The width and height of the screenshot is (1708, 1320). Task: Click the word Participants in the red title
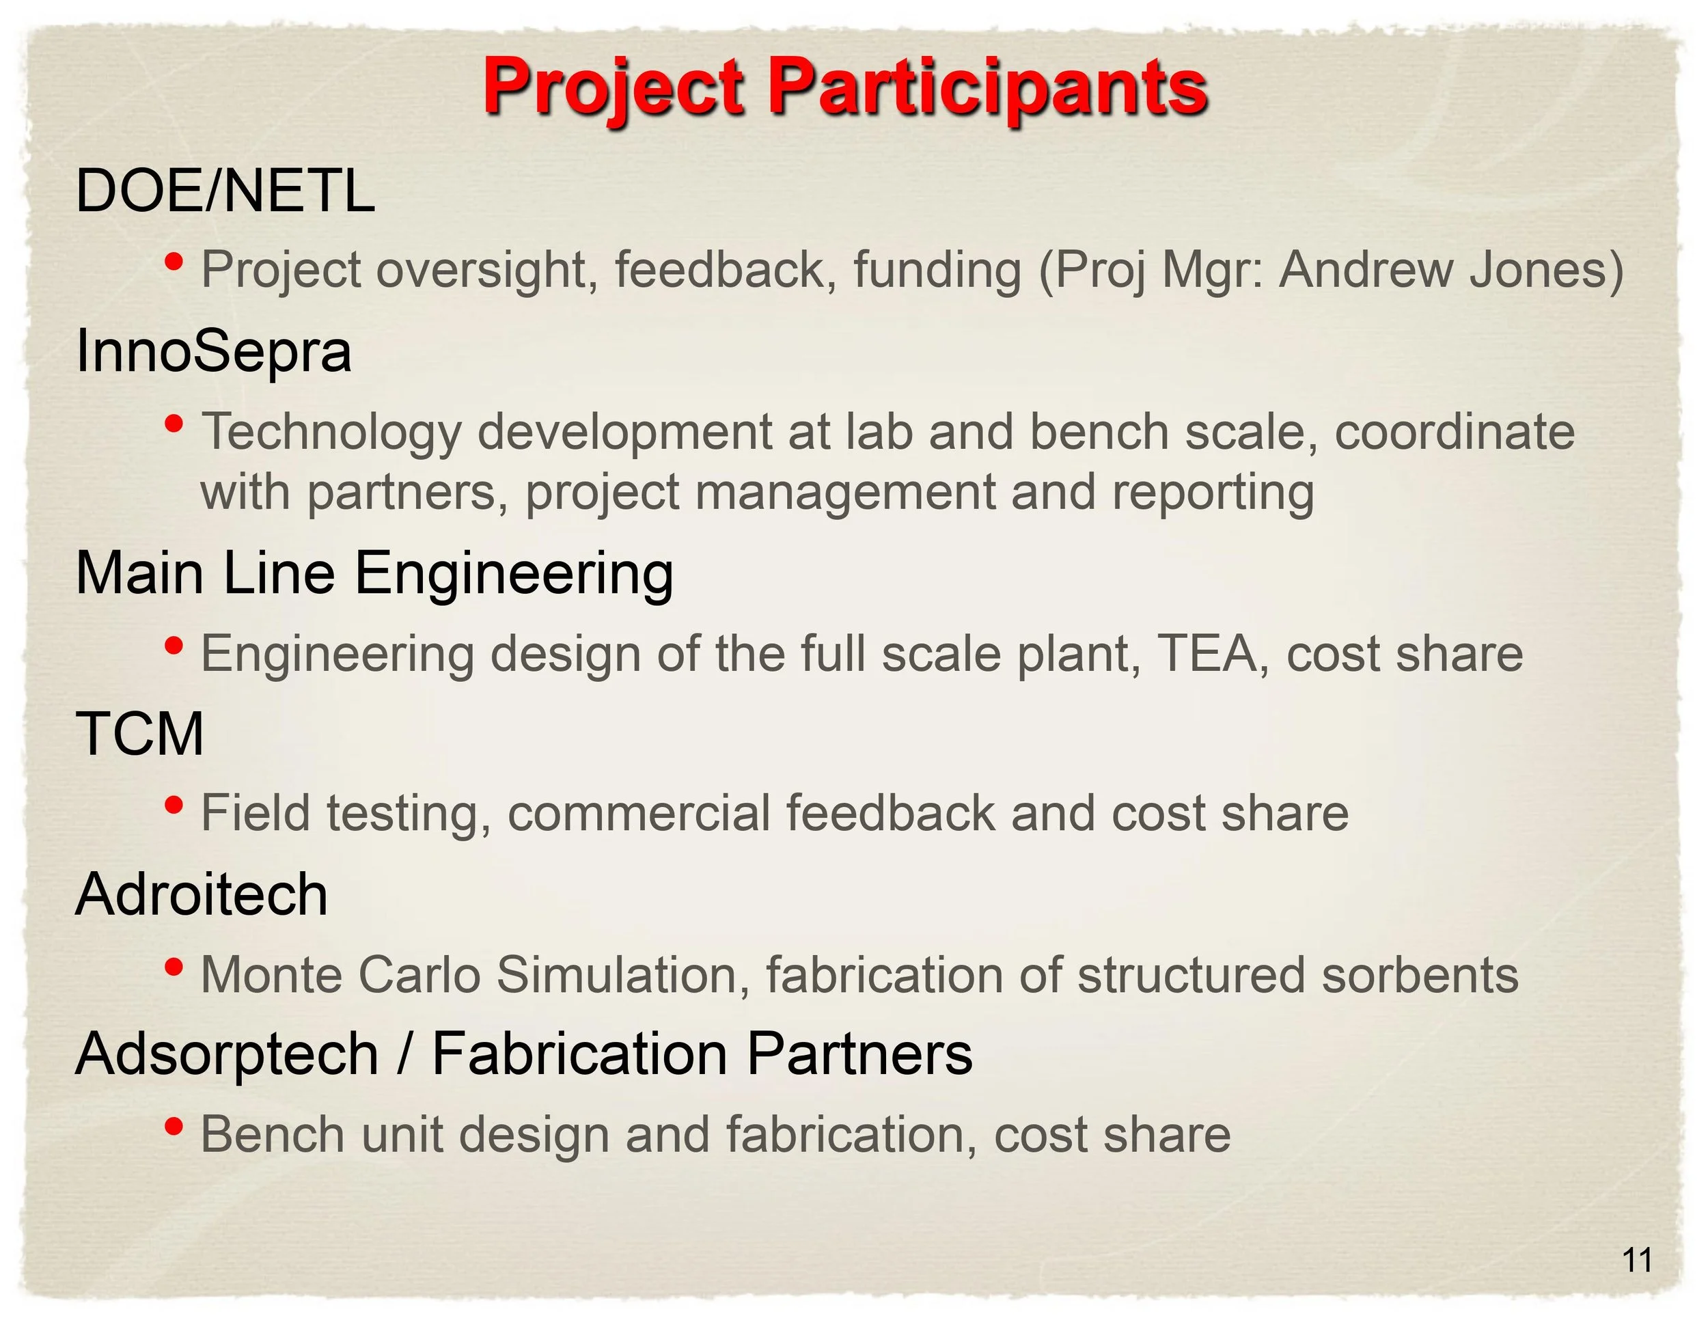coord(989,88)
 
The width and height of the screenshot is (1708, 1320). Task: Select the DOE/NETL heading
coord(225,191)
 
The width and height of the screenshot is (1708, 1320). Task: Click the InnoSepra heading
coord(213,352)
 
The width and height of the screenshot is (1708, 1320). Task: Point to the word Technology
coord(331,432)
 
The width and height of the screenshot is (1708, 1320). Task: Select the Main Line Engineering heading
coord(374,574)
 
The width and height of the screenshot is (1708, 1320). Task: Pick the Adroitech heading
coord(202,894)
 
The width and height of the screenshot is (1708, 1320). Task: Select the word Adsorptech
coord(228,1056)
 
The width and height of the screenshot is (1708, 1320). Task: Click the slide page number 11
coord(1638,1261)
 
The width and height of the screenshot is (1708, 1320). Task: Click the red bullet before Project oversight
coord(174,260)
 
